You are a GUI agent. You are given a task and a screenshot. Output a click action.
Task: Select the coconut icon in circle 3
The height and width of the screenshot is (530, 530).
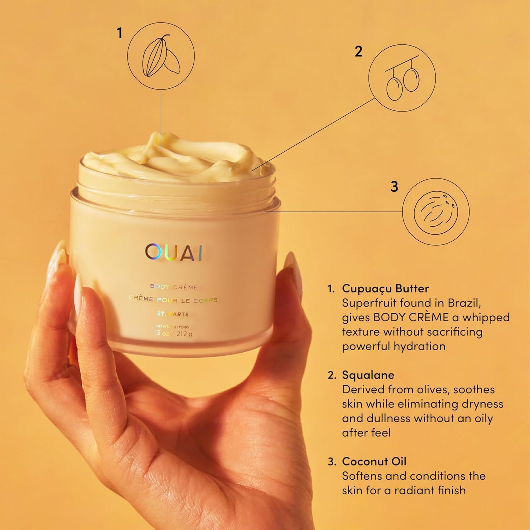(436, 212)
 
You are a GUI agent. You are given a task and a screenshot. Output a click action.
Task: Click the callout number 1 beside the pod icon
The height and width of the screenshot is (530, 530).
(119, 33)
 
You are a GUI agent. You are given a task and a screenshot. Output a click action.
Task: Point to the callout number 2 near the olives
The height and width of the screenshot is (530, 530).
(358, 51)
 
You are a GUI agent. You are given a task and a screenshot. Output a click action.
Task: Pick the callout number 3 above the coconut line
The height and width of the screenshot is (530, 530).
(394, 187)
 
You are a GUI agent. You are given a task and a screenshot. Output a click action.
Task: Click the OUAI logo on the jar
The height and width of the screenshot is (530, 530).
(173, 252)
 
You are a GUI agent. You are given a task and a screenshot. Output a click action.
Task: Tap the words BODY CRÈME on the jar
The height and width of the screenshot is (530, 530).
(174, 287)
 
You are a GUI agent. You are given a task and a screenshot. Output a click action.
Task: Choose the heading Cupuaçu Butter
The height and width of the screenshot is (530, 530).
(385, 288)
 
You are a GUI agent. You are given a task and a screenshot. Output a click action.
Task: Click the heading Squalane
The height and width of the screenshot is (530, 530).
(368, 375)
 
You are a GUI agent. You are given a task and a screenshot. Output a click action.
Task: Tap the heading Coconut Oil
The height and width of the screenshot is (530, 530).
(374, 461)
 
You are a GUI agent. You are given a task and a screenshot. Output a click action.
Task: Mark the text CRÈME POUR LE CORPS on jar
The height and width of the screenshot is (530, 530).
(173, 300)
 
